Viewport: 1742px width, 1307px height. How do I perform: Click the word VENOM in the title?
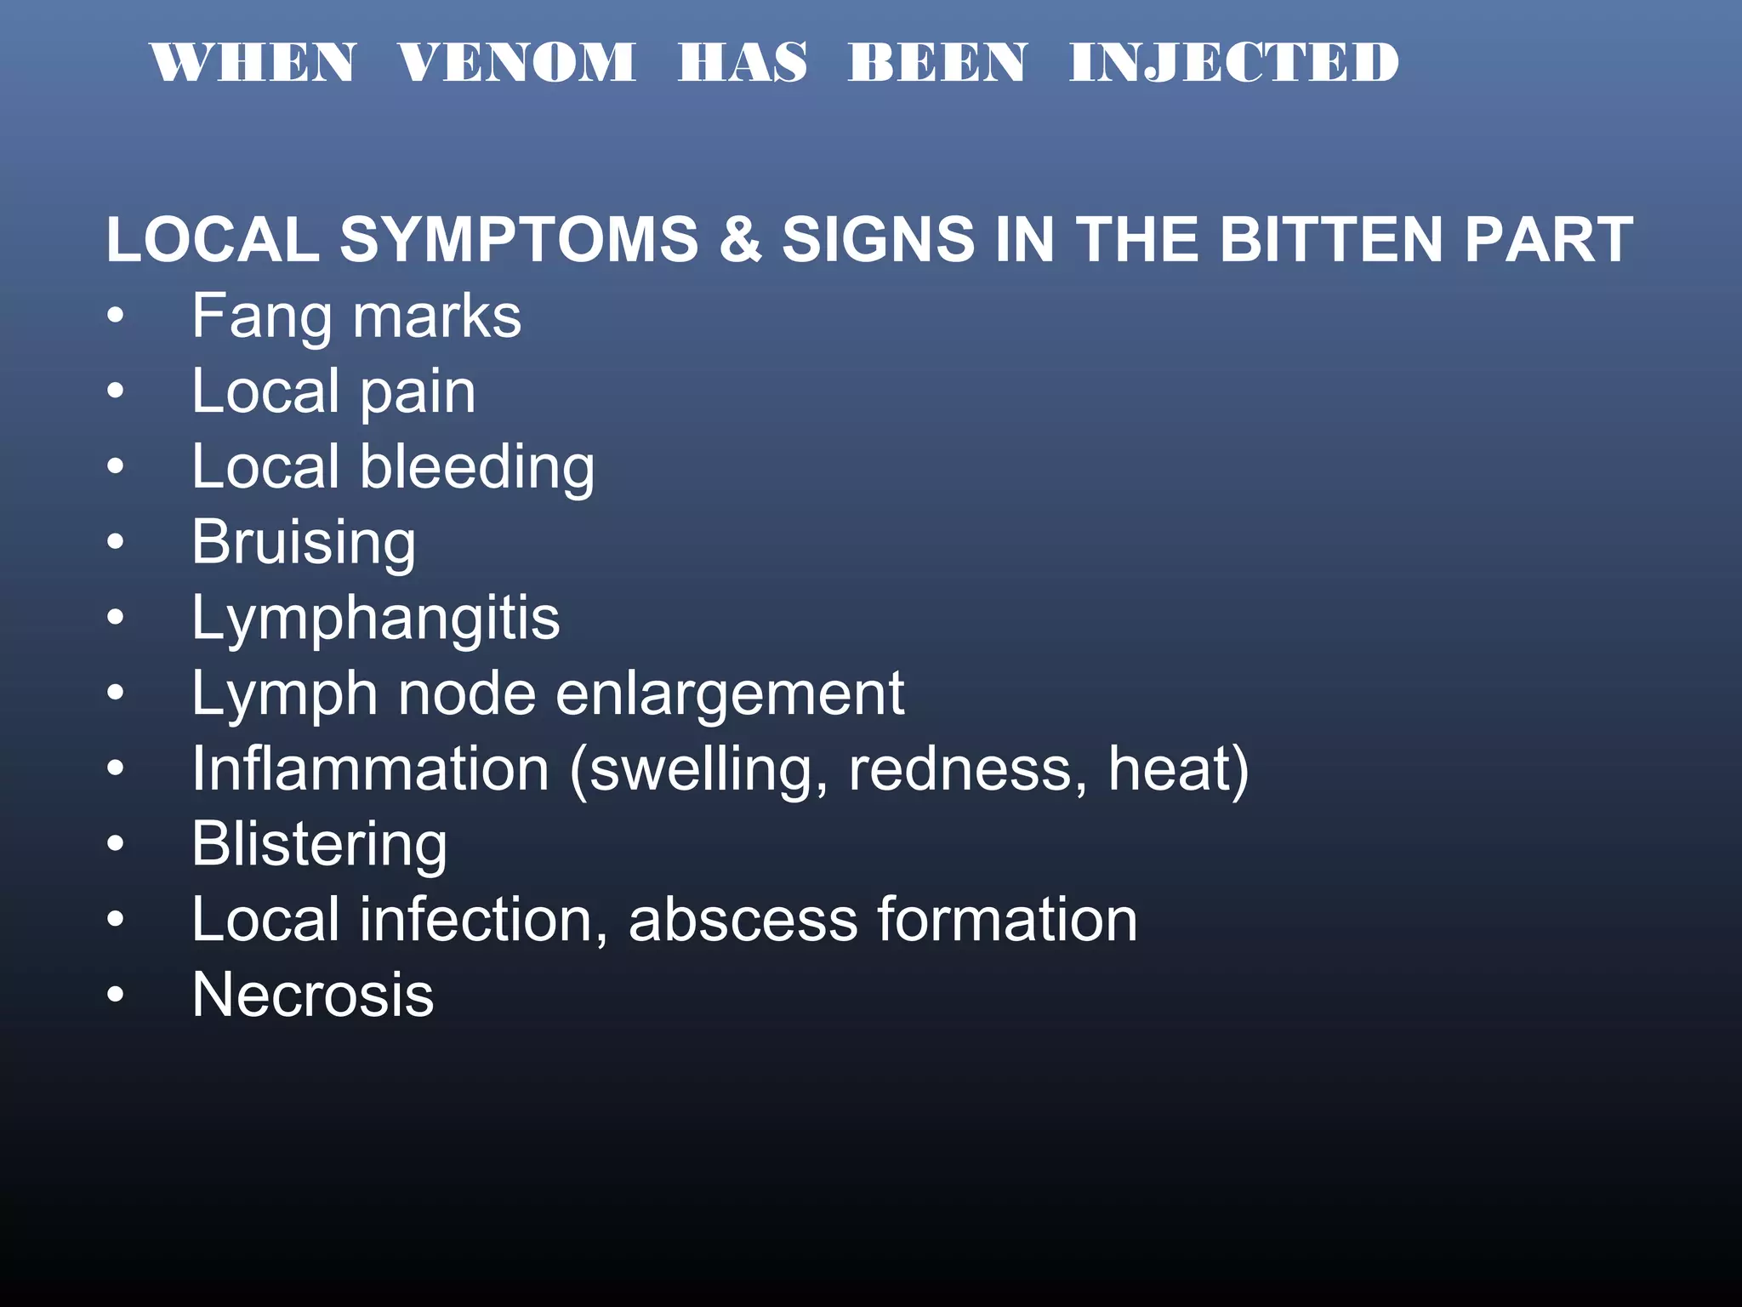pyautogui.click(x=516, y=62)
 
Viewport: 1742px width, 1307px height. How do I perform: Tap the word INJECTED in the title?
pyautogui.click(x=1233, y=62)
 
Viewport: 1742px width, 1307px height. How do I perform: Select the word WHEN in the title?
pyautogui.click(x=253, y=62)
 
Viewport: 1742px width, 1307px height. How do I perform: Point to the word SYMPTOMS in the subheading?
pyautogui.click(x=519, y=239)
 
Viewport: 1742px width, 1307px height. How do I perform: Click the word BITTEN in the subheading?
pyautogui.click(x=1332, y=239)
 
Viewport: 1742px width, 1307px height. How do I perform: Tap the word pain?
pyautogui.click(x=418, y=393)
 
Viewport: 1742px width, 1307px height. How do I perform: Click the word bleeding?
pyautogui.click(x=477, y=468)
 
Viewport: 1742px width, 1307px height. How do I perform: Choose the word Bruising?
pyautogui.click(x=304, y=543)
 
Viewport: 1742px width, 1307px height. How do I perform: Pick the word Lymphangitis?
pyautogui.click(x=375, y=619)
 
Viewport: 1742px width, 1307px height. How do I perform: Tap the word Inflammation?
pyautogui.click(x=370, y=769)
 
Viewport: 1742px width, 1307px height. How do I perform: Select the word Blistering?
pyautogui.click(x=319, y=845)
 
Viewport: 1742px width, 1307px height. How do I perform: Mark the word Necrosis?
pyautogui.click(x=312, y=995)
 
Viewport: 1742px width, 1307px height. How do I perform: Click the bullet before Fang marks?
pyautogui.click(x=116, y=317)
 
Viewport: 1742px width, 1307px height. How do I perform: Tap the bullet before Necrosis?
pyautogui.click(x=116, y=995)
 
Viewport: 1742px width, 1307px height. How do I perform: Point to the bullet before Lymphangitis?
pyautogui.click(x=116, y=619)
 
